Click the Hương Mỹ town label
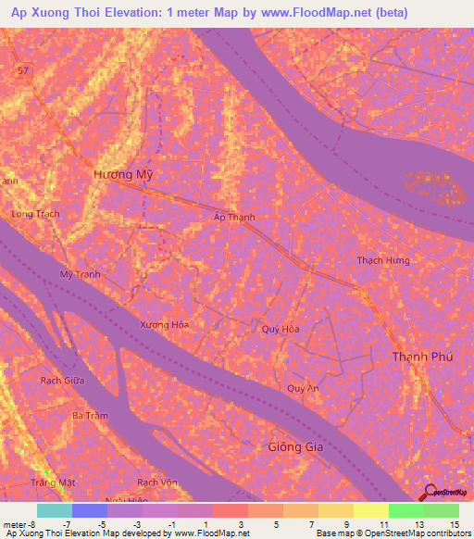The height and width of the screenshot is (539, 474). (122, 174)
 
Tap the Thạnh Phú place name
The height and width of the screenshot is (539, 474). (421, 357)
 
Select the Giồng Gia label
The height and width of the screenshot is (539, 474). (284, 448)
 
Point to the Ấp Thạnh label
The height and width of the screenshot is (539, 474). (229, 218)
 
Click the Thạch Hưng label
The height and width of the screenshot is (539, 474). (382, 260)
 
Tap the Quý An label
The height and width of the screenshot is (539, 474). (303, 388)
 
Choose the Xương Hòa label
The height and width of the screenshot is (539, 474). (165, 325)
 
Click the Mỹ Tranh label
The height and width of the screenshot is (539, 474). (80, 275)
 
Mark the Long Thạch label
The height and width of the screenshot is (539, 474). (34, 214)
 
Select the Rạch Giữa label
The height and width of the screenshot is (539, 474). (62, 380)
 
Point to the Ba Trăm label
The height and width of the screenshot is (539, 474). (91, 416)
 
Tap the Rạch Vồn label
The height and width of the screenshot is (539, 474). (156, 483)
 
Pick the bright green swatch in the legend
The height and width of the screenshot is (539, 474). (405, 510)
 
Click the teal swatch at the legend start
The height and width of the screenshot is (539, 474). (54, 510)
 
